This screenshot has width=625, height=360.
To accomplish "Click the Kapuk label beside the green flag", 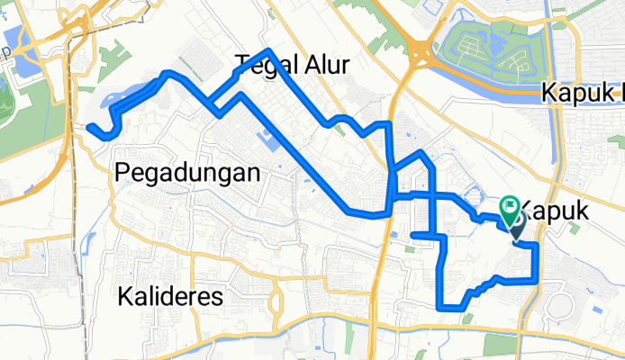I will tap(555, 211).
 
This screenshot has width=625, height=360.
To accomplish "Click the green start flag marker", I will tap(510, 210).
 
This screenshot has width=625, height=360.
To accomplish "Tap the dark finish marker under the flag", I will tap(519, 229).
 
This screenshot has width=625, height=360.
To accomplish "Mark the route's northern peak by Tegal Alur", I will tap(268, 51).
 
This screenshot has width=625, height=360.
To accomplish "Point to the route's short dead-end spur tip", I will tap(412, 236).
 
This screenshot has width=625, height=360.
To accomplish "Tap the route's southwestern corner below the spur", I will tap(440, 307).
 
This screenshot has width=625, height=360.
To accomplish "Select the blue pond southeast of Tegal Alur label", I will tap(269, 140).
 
